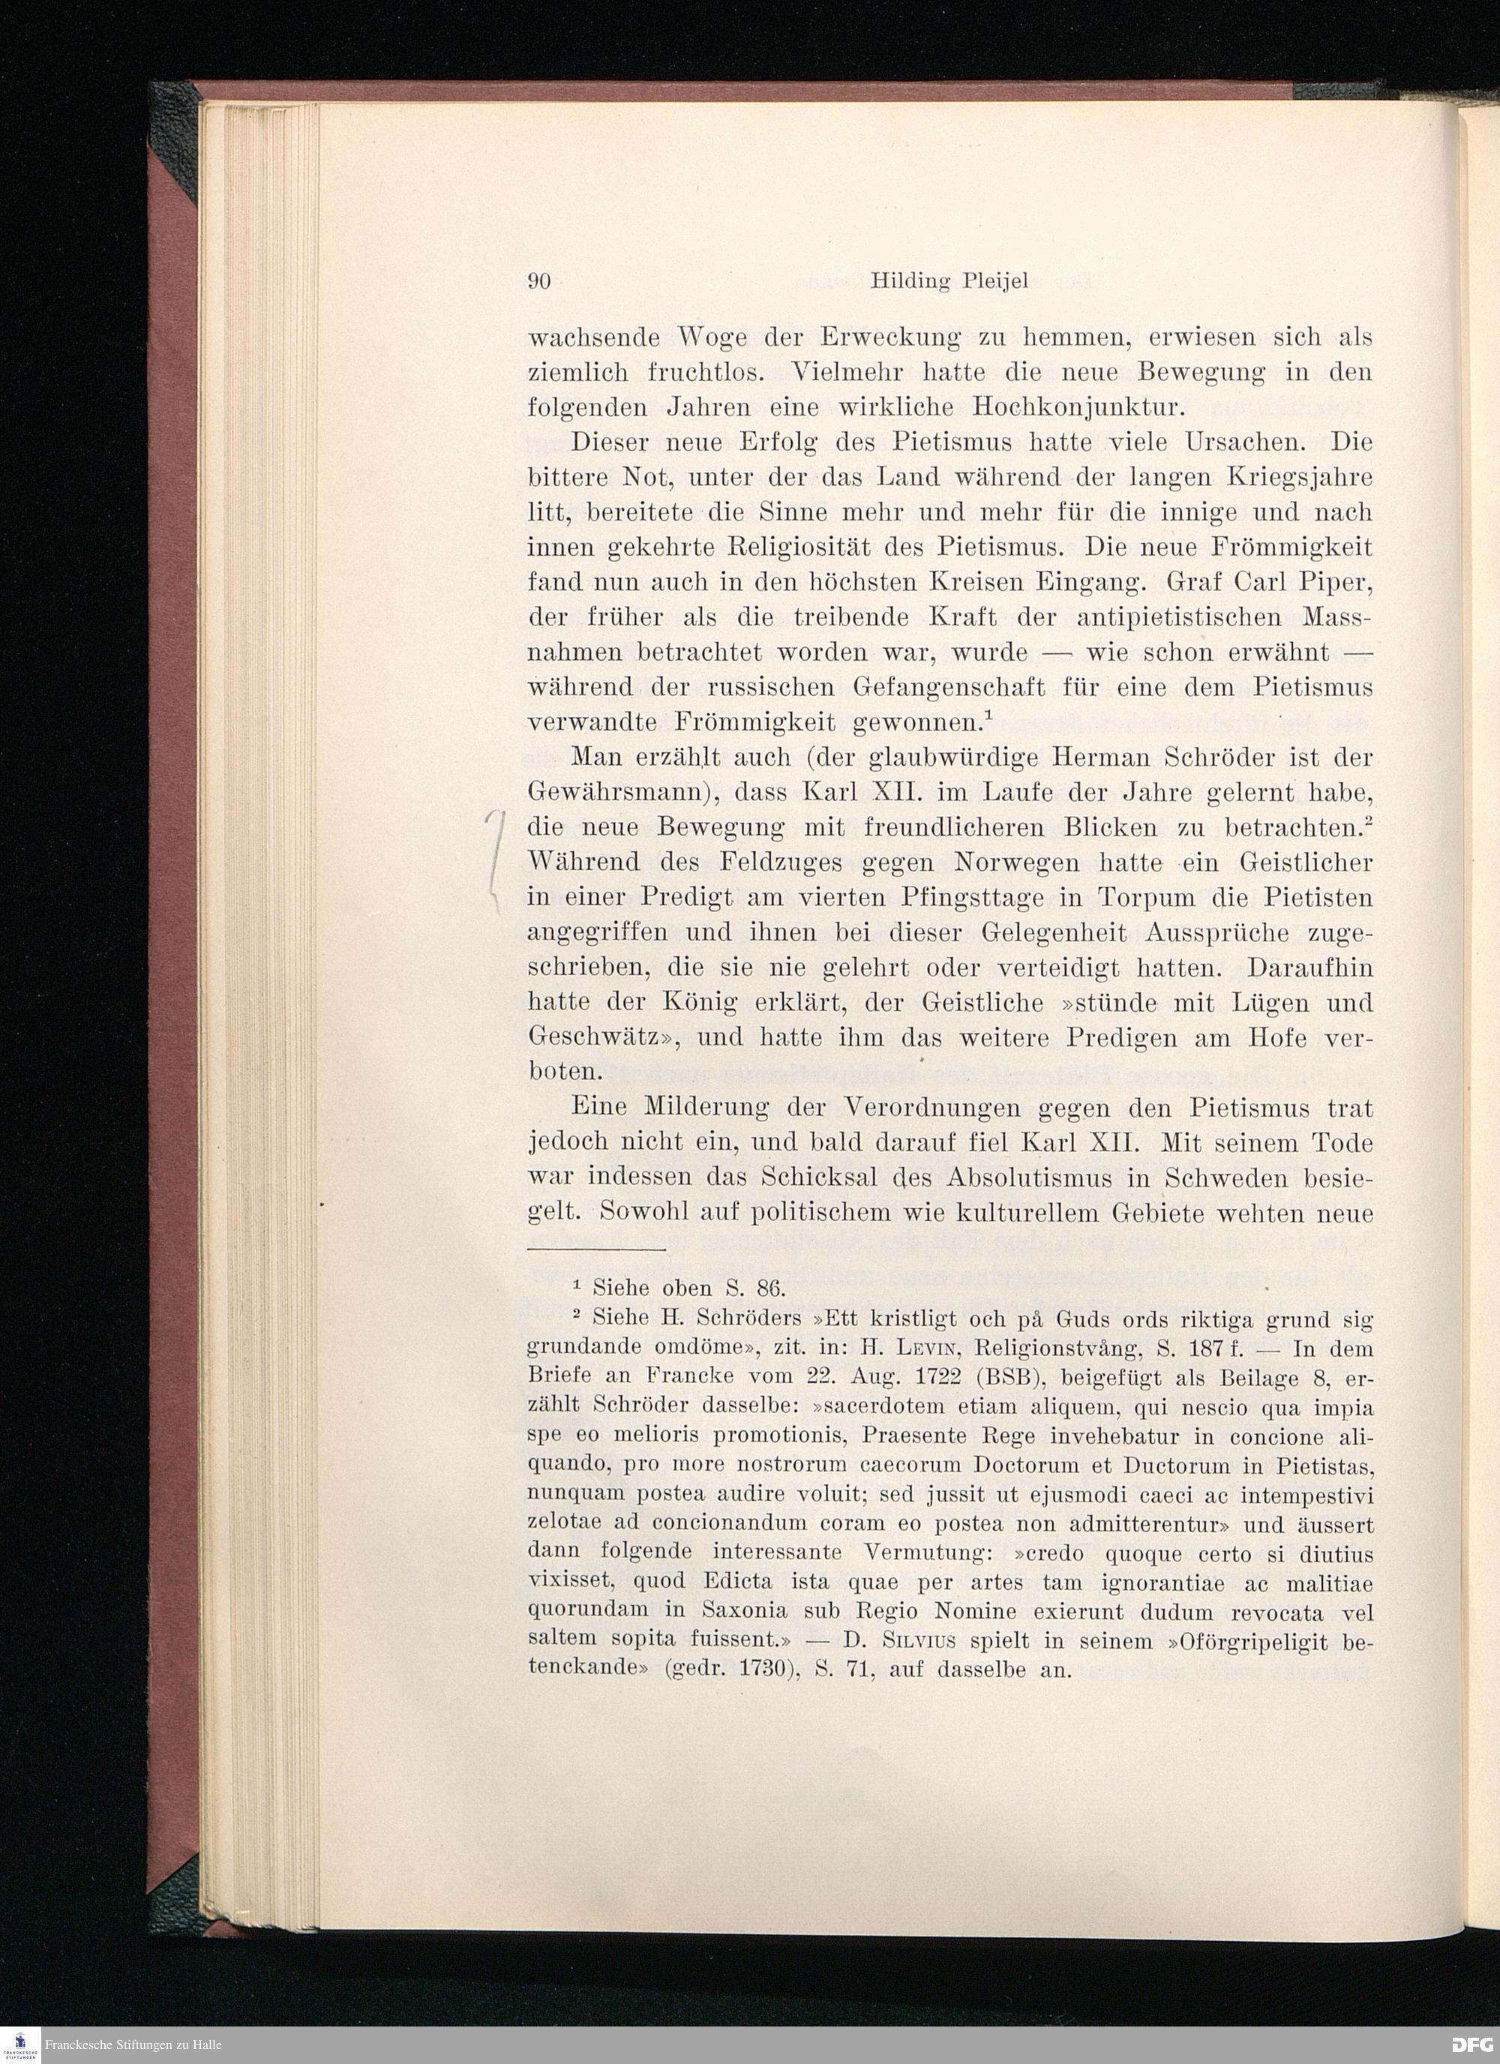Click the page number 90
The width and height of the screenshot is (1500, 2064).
point(541,281)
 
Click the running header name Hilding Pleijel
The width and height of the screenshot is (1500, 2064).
point(949,281)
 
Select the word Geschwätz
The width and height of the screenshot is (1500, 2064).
point(609,1037)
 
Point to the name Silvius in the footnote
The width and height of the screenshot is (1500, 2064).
point(920,1642)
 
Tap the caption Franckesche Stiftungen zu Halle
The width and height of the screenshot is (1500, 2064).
point(133,2046)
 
